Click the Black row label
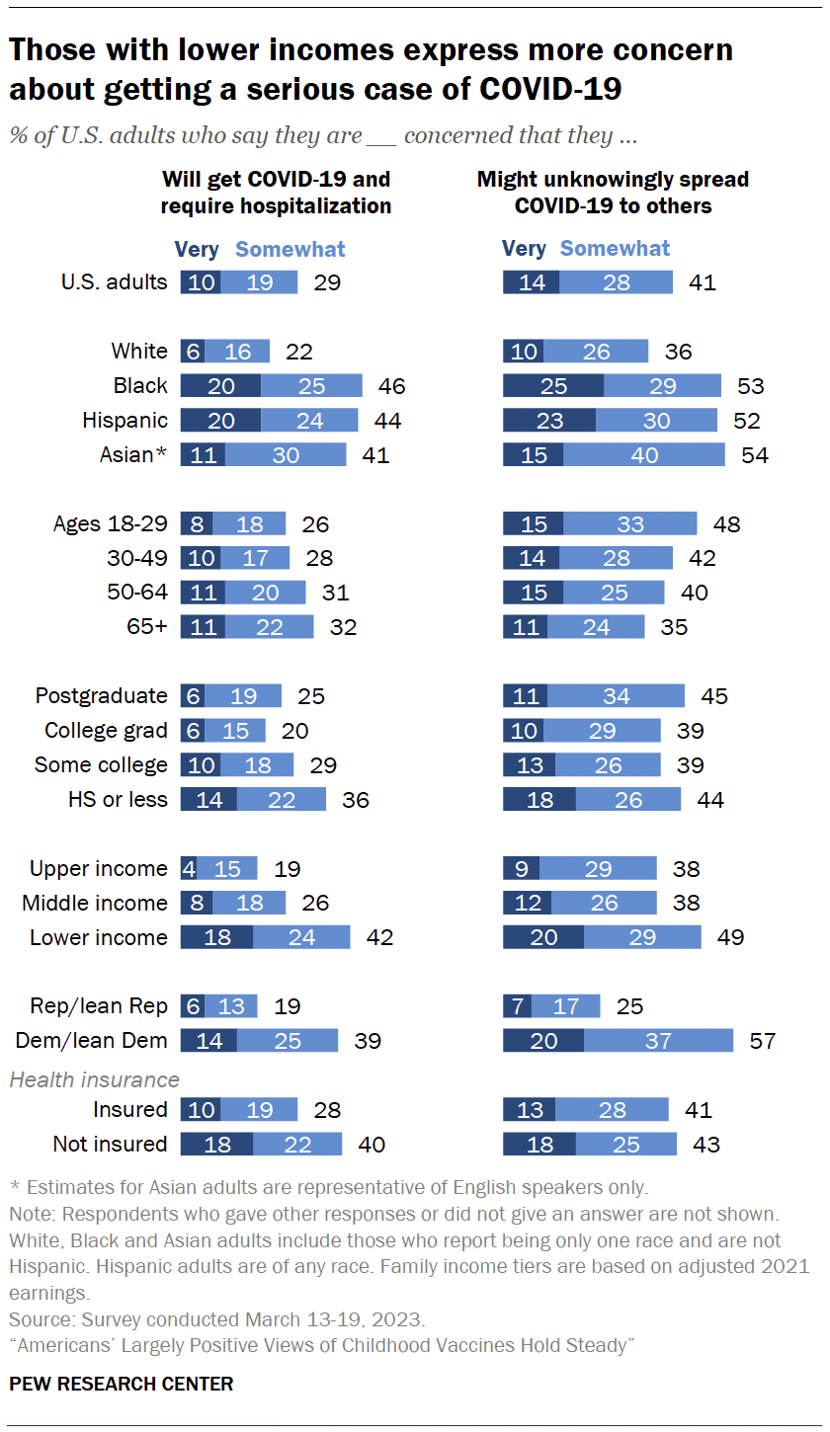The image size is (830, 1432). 140,386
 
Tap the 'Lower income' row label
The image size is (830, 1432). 99,937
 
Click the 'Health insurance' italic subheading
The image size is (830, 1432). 95,1079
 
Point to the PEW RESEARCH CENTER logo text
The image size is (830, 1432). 122,1384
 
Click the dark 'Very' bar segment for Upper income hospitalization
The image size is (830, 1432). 189,869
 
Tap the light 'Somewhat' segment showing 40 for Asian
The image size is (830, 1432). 644,455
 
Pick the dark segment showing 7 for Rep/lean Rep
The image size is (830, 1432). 518,1006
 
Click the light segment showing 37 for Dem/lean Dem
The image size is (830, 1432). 658,1041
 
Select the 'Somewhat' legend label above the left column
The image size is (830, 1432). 290,249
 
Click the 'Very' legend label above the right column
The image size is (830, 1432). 524,249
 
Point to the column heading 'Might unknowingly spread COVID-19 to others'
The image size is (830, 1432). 613,193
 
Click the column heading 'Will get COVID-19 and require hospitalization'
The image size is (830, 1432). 276,193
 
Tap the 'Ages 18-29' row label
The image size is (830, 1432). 110,524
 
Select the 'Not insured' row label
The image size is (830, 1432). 110,1145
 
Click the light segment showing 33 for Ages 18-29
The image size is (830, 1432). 630,524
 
